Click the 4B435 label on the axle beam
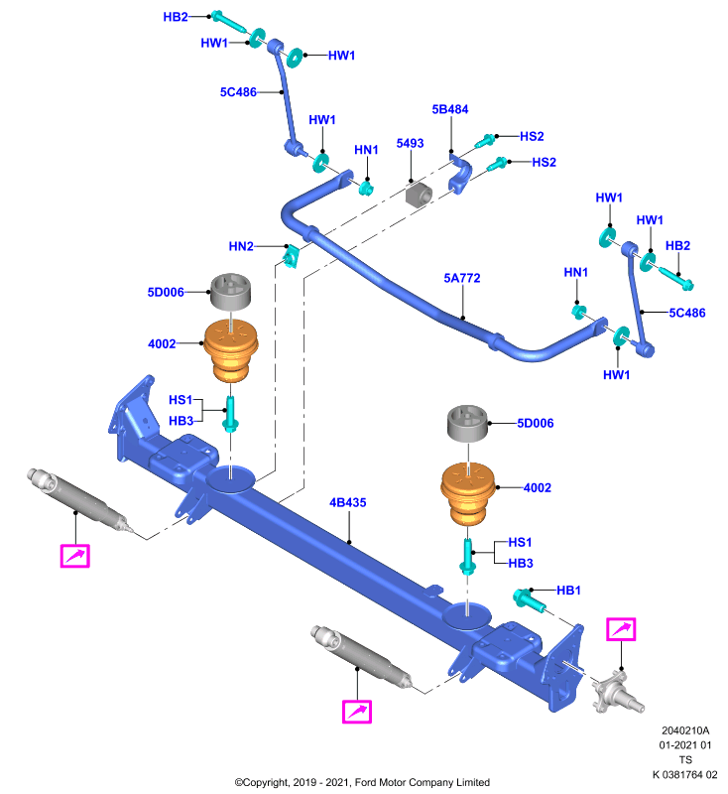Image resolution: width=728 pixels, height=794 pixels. pyautogui.click(x=347, y=502)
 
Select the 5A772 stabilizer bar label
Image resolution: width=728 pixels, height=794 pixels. pyautogui.click(x=462, y=278)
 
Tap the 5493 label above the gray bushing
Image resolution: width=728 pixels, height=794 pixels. pyautogui.click(x=410, y=143)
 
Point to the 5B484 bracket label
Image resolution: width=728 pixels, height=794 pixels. pyautogui.click(x=449, y=109)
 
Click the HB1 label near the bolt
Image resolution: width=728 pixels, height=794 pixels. pyautogui.click(x=568, y=591)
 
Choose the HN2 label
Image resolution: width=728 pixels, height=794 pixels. pyautogui.click(x=241, y=246)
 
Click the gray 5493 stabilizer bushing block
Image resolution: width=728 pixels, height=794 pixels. pyautogui.click(x=419, y=196)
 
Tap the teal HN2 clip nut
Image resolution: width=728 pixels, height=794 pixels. pyautogui.click(x=291, y=256)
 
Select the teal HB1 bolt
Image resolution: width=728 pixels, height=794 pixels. pyautogui.click(x=530, y=600)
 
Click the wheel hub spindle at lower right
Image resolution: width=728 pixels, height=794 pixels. pyautogui.click(x=618, y=692)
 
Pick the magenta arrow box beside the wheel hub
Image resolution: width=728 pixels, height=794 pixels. pyautogui.click(x=621, y=629)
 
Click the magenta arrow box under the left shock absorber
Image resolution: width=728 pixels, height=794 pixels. pyautogui.click(x=74, y=556)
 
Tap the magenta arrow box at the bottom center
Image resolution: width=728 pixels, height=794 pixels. pyautogui.click(x=357, y=712)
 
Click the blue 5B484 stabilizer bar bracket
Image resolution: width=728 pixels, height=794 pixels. pyautogui.click(x=460, y=175)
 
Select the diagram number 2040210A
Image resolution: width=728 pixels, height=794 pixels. pyautogui.click(x=685, y=730)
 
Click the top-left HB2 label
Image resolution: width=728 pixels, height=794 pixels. pyautogui.click(x=176, y=17)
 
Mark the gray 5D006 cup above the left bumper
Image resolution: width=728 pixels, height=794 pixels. pyautogui.click(x=231, y=292)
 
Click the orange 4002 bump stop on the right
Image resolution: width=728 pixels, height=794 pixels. pyautogui.click(x=468, y=493)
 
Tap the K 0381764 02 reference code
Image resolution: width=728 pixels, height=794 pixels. pyautogui.click(x=685, y=775)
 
